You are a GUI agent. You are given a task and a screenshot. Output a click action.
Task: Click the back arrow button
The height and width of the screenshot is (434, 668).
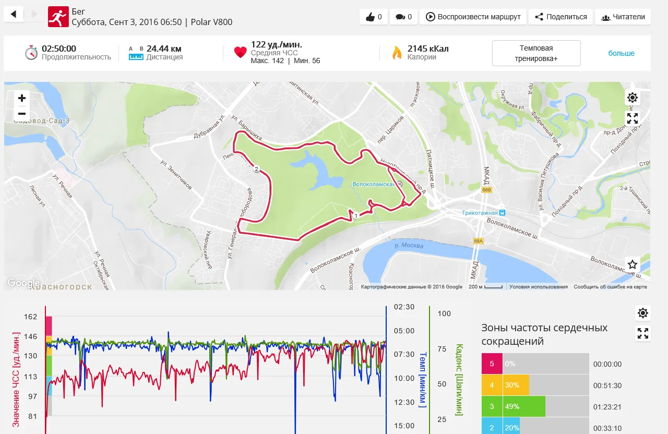tap(14, 15)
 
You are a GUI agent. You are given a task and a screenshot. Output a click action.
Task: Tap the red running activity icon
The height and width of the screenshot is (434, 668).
tap(58, 17)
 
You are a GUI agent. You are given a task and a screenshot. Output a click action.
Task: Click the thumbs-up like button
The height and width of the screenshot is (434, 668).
tap(373, 17)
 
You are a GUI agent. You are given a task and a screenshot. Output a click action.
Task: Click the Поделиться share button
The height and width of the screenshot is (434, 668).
tap(560, 17)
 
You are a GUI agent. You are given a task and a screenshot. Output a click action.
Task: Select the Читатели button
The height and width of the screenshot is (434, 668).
tap(623, 17)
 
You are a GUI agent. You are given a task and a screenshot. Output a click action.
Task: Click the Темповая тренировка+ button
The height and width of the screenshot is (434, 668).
tap(536, 53)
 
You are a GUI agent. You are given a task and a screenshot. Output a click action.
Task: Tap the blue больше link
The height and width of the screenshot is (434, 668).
tap(621, 53)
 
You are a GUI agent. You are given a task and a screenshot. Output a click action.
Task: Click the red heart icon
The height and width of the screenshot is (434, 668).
tap(240, 53)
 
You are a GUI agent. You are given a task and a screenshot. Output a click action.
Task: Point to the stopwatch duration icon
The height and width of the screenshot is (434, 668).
tap(31, 53)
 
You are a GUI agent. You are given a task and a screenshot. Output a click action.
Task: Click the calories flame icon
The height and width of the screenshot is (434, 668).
tap(397, 53)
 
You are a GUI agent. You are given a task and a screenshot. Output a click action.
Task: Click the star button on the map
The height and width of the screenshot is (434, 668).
tap(633, 264)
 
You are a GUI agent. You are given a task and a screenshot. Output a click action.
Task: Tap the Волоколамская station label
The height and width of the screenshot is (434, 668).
tap(374, 184)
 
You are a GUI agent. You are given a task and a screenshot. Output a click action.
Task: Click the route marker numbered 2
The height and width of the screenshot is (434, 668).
tap(256, 168)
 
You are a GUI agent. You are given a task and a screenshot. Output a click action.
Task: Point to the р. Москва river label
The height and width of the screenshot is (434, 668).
tap(409, 245)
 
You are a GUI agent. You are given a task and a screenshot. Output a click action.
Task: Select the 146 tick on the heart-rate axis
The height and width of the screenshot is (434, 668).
tap(30, 336)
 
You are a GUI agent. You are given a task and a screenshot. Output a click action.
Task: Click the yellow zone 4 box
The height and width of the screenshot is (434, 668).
tap(492, 385)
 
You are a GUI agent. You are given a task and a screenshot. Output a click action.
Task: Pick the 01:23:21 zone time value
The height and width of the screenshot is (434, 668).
tap(607, 407)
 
